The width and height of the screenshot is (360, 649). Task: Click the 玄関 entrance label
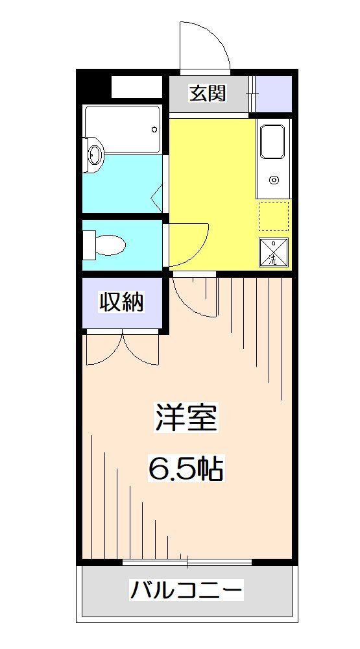tap(208, 93)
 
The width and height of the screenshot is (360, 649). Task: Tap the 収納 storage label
tap(121, 302)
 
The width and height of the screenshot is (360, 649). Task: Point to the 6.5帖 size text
tap(186, 468)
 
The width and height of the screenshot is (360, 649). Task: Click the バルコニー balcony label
tap(187, 591)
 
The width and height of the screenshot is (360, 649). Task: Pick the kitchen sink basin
tap(272, 142)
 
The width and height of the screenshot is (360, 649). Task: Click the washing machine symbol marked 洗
tap(273, 253)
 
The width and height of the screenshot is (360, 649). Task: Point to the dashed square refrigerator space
tap(273, 216)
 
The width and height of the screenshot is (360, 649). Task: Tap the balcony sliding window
tap(187, 561)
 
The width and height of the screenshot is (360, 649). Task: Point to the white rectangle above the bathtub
tap(136, 86)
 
